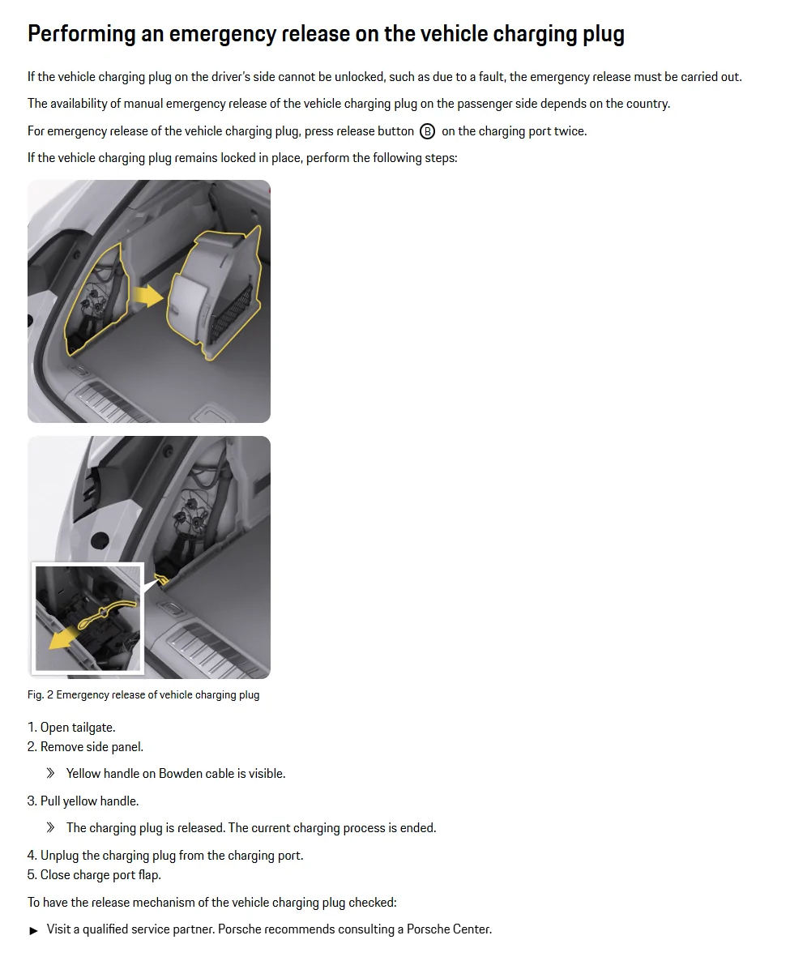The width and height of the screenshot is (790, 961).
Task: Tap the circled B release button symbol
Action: click(427, 131)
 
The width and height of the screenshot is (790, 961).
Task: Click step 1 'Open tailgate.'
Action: click(71, 728)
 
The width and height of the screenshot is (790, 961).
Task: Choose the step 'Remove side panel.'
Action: click(85, 747)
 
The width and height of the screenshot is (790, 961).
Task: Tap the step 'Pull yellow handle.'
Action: click(83, 801)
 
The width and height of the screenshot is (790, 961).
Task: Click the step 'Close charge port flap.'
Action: click(94, 875)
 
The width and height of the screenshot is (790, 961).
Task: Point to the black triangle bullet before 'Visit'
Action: click(34, 930)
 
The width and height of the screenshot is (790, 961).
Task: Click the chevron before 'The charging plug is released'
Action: click(50, 828)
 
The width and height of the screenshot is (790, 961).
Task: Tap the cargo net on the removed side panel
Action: click(231, 316)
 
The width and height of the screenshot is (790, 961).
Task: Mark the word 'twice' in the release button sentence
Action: click(570, 131)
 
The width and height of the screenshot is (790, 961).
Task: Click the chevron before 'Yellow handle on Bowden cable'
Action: click(50, 774)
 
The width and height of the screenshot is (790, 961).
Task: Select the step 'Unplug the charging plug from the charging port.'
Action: click(165, 856)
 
